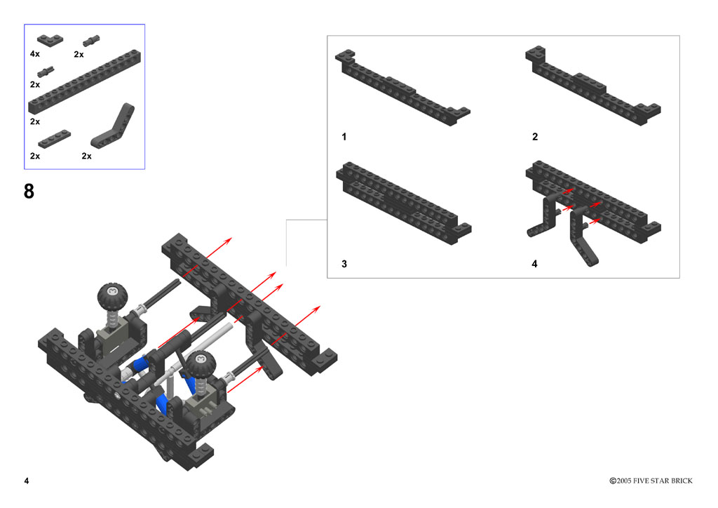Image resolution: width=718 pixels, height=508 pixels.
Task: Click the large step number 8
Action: (x=29, y=191)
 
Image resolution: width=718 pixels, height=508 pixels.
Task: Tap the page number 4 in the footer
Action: (x=27, y=481)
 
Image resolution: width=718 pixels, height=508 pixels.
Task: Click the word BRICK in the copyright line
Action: (x=682, y=481)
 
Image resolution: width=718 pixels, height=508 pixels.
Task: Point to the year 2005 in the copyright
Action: (x=623, y=481)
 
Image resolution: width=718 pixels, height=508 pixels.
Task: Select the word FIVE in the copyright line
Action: (x=641, y=481)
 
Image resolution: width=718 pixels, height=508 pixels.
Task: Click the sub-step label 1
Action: (x=344, y=137)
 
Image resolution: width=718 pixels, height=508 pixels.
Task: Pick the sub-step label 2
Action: (x=535, y=137)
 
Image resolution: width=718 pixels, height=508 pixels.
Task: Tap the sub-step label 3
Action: (x=344, y=264)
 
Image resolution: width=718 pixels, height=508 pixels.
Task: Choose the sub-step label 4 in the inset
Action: (x=534, y=264)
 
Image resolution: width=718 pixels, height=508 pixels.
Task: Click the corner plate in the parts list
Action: (x=50, y=40)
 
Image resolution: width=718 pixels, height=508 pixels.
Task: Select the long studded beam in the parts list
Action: (x=84, y=81)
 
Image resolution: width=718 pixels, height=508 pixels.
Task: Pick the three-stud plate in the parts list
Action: (x=55, y=139)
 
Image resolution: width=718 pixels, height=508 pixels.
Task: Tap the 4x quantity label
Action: (x=35, y=54)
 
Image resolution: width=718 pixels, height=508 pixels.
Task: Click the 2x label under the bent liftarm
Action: (x=86, y=156)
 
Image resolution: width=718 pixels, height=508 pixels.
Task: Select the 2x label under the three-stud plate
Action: (x=35, y=156)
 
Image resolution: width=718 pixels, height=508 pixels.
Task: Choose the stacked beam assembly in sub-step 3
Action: (x=403, y=204)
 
